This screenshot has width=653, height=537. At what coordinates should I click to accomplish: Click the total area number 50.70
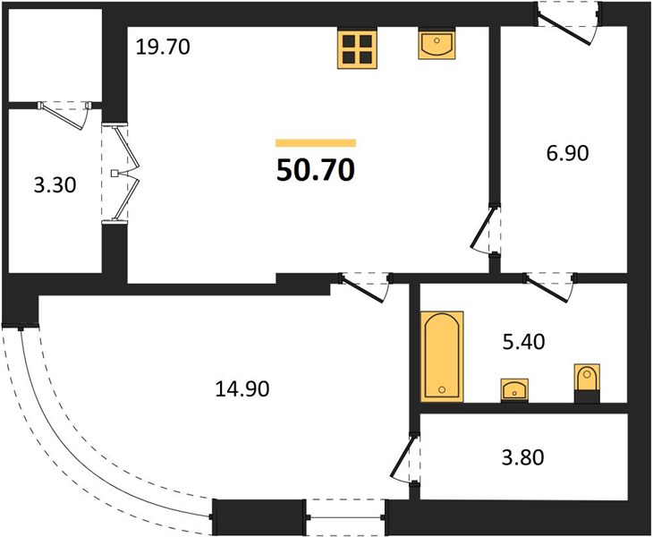click(x=315, y=170)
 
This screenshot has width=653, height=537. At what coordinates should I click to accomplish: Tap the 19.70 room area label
click(x=163, y=47)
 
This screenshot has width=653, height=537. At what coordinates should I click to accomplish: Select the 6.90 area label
click(x=567, y=153)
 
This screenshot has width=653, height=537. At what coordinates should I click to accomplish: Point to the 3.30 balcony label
click(x=55, y=185)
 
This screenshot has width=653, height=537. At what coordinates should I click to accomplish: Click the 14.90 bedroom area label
click(x=242, y=388)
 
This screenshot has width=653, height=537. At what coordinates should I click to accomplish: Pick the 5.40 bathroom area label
click(x=524, y=342)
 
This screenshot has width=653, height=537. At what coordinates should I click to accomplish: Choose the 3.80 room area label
click(x=523, y=457)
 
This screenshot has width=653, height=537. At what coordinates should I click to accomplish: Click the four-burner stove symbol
click(x=357, y=48)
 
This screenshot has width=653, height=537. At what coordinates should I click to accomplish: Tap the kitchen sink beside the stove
click(x=437, y=43)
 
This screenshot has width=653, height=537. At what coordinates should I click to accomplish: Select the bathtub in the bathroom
click(x=442, y=356)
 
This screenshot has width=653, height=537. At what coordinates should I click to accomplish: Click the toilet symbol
click(x=587, y=382)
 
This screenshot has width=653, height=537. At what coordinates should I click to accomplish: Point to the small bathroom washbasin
click(x=514, y=390)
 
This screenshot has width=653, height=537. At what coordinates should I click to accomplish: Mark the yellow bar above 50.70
click(x=316, y=143)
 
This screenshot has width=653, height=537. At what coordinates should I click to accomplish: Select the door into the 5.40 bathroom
click(x=551, y=286)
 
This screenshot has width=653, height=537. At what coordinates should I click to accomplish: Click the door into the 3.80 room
click(x=406, y=459)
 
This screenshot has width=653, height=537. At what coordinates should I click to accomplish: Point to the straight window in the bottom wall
click(x=345, y=517)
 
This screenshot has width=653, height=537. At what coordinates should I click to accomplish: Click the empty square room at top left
click(x=55, y=55)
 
